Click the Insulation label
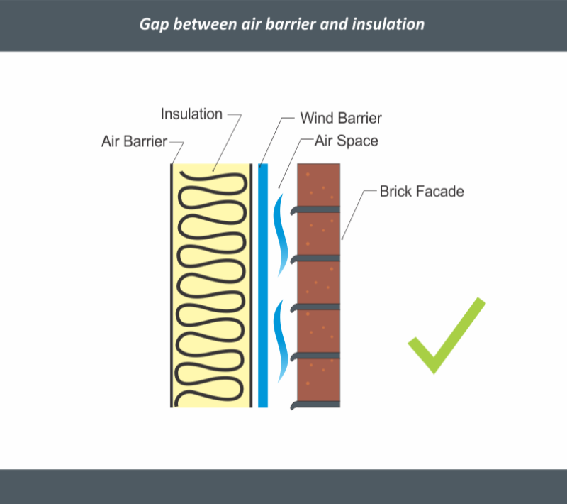pyautogui.click(x=191, y=114)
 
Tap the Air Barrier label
pyautogui.click(x=134, y=141)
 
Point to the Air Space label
pyautogui.click(x=346, y=141)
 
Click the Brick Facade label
pyautogui.click(x=421, y=191)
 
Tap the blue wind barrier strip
pyautogui.click(x=263, y=284)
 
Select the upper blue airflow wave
pyautogui.click(x=281, y=234)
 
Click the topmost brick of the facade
pyautogui.click(x=319, y=185)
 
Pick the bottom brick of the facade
pyautogui.click(x=319, y=381)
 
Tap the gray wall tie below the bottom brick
pyautogui.click(x=315, y=405)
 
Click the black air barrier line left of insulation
pyautogui.click(x=172, y=284)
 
